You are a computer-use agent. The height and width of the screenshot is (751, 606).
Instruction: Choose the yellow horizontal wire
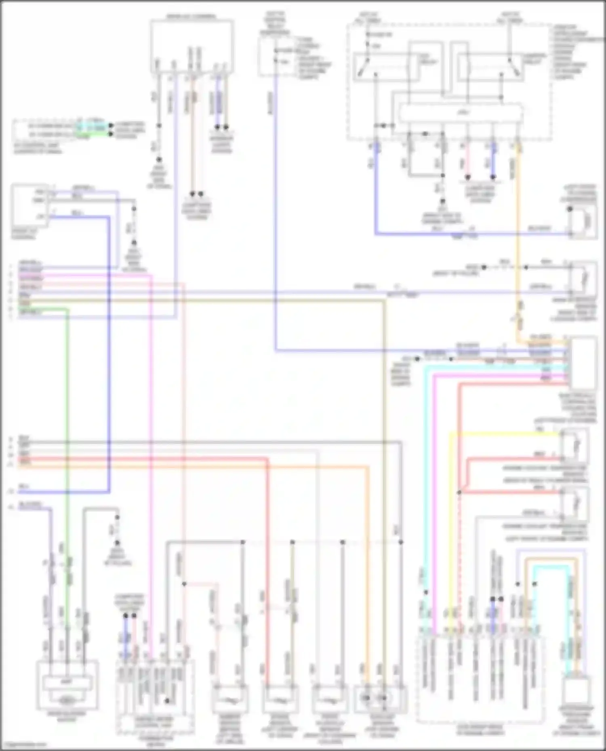(x=505, y=434)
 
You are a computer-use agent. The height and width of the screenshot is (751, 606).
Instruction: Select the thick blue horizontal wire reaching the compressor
(x=465, y=234)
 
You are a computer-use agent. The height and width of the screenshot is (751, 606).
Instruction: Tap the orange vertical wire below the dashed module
(x=518, y=242)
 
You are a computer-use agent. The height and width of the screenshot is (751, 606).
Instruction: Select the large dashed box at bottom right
(x=479, y=678)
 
